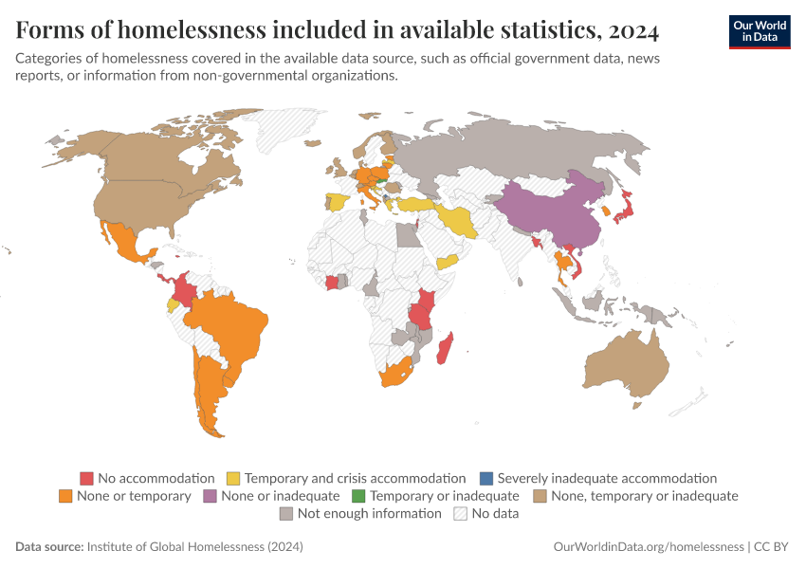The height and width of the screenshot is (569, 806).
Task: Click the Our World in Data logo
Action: point(759,31)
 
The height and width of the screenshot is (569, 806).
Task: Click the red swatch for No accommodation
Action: point(86,479)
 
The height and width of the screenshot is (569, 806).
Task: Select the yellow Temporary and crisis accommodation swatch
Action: point(233,479)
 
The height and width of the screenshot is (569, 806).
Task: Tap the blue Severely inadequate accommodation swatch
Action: point(485,479)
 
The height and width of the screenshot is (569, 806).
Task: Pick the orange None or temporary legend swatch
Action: point(65,496)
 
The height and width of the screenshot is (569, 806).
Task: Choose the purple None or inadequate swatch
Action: point(210,496)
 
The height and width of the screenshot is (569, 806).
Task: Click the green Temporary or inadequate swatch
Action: point(358,496)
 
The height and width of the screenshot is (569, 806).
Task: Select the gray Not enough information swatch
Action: point(285,513)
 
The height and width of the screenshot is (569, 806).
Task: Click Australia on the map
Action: point(631,365)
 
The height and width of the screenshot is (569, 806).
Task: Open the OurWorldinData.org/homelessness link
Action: point(649,547)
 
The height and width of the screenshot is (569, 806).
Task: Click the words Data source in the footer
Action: point(49,547)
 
